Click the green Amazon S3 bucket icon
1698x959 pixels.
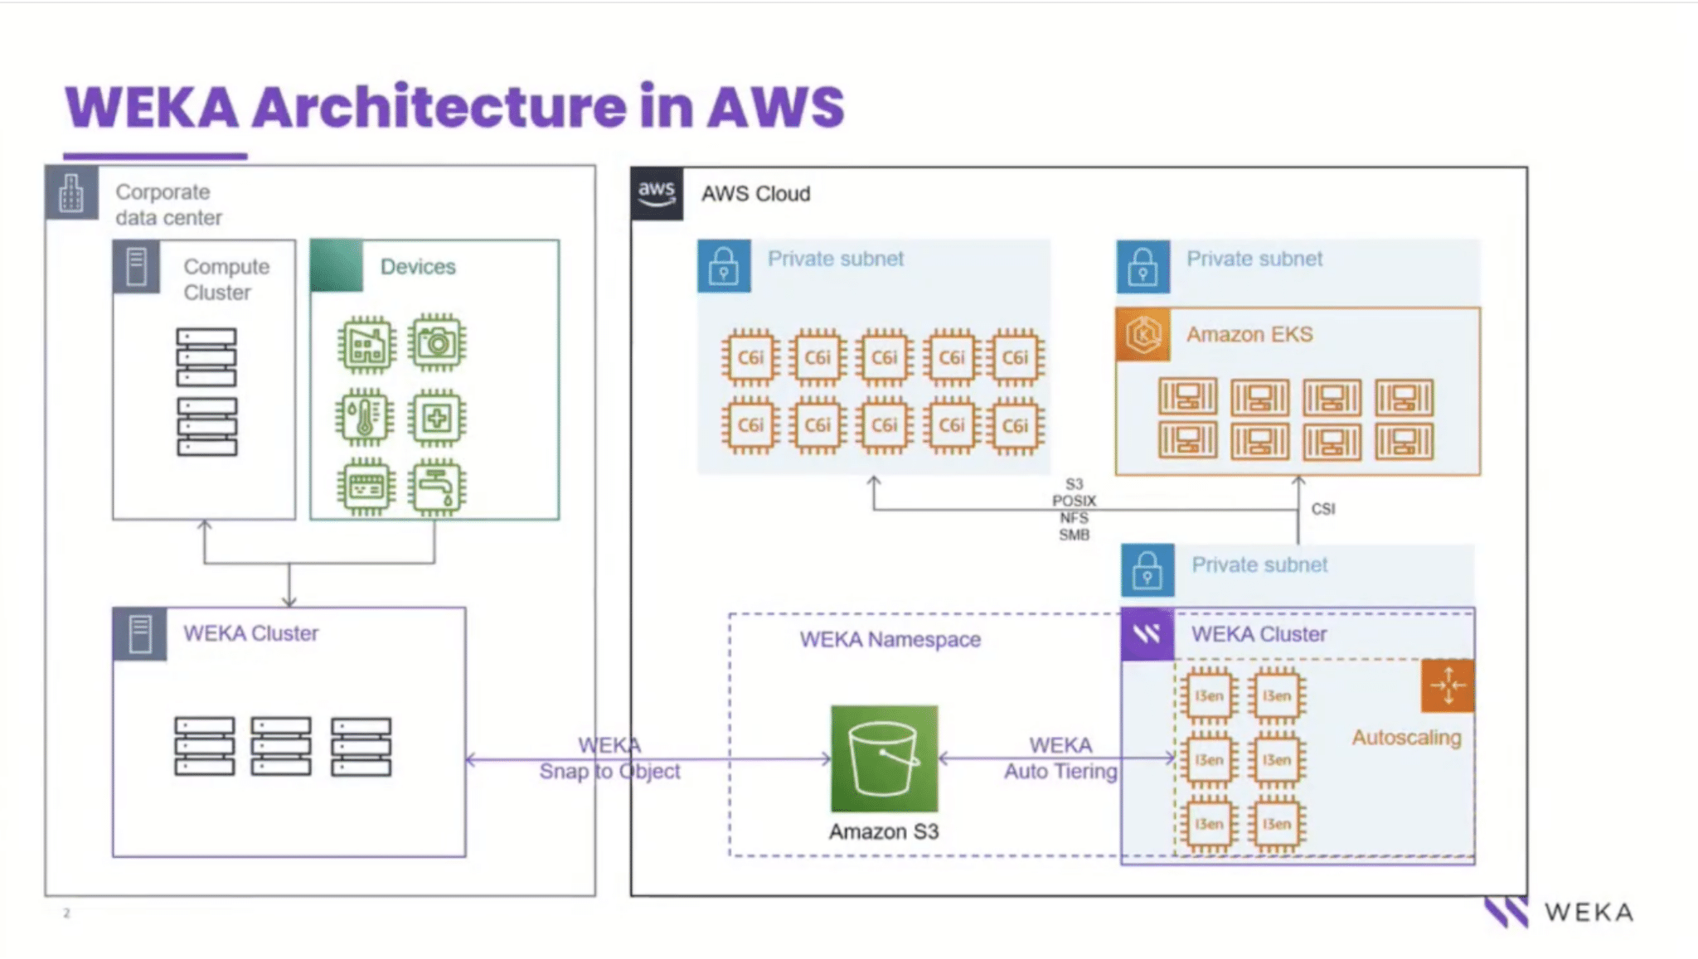pos(884,758)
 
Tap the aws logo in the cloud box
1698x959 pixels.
pos(657,194)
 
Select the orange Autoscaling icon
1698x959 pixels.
pos(1448,685)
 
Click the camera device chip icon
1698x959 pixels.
pos(437,342)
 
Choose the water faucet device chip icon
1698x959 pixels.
pos(437,487)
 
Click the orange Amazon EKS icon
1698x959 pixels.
pos(1143,335)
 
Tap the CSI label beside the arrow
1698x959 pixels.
pos(1323,509)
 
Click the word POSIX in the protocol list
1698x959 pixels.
pos(1074,501)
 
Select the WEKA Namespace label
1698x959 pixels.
pos(890,640)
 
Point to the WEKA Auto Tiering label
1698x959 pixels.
pos(1060,758)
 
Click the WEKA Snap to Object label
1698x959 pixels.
pos(609,758)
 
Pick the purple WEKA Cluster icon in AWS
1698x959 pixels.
pos(1147,635)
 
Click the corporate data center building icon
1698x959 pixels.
pos(72,194)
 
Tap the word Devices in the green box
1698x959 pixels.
pos(418,267)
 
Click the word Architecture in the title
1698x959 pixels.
pos(439,108)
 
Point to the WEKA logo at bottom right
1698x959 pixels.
pos(1559,913)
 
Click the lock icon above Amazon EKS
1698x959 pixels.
pos(1143,267)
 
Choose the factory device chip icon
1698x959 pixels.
pos(366,342)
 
